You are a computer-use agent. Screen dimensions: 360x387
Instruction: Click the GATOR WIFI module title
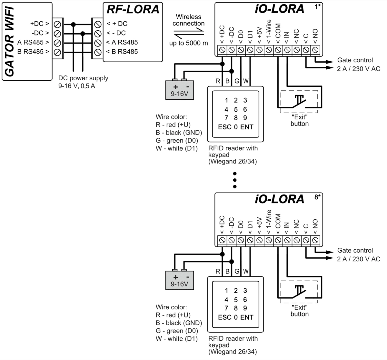[x=10, y=41]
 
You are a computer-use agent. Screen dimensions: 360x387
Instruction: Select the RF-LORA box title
[x=133, y=9]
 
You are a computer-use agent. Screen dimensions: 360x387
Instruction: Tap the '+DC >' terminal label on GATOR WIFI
[x=39, y=24]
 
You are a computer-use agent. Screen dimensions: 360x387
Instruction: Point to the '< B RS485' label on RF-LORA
[x=122, y=52]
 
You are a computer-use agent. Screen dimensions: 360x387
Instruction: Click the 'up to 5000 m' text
[x=189, y=43]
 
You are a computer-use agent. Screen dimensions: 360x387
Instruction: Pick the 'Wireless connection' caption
[x=189, y=20]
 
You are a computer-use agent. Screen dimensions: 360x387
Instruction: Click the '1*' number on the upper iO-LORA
[x=318, y=6]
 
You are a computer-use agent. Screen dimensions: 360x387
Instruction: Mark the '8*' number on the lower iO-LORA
[x=318, y=196]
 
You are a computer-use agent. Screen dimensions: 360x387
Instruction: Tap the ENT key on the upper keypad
[x=247, y=127]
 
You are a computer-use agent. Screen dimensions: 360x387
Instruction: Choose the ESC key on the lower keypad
[x=224, y=317]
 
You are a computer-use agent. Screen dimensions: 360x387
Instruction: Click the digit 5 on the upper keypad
[x=236, y=109]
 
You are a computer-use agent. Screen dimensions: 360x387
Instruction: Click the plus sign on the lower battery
[x=175, y=277]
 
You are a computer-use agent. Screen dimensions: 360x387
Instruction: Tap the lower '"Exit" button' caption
[x=299, y=311]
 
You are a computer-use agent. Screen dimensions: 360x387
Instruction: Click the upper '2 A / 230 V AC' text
[x=359, y=69]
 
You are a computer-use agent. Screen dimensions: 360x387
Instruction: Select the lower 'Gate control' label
[x=355, y=250]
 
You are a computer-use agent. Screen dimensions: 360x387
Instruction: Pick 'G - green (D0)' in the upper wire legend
[x=177, y=141]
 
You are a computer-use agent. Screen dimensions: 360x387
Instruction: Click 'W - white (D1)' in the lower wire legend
[x=176, y=339]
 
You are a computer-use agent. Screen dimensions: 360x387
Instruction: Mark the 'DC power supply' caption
[x=83, y=78]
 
